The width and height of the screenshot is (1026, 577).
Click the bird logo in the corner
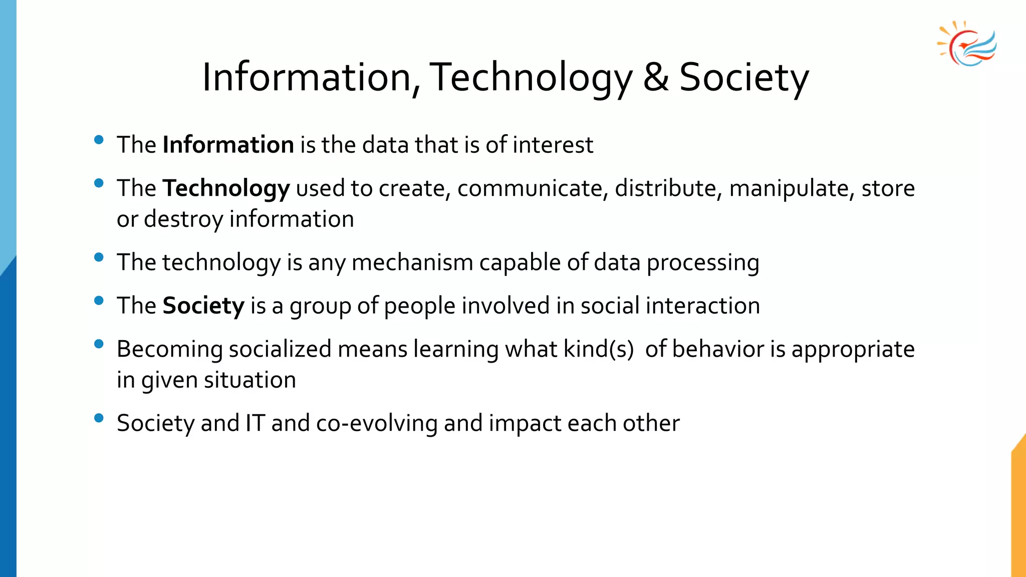[x=967, y=45]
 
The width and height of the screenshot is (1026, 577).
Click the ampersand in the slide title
[x=656, y=77]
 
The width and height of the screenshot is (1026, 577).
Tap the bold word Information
[x=228, y=145]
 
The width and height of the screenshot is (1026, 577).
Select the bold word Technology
[x=226, y=189]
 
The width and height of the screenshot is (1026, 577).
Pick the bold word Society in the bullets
[x=203, y=306]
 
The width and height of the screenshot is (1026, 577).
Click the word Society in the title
[x=743, y=78]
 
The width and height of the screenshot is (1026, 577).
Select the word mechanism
[x=412, y=262]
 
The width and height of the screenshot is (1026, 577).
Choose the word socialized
[x=280, y=349]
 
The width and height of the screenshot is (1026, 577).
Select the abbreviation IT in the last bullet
[x=254, y=423]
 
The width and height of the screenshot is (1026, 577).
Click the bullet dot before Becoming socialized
[x=99, y=344]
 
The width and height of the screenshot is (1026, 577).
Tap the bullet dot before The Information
[x=99, y=140]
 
